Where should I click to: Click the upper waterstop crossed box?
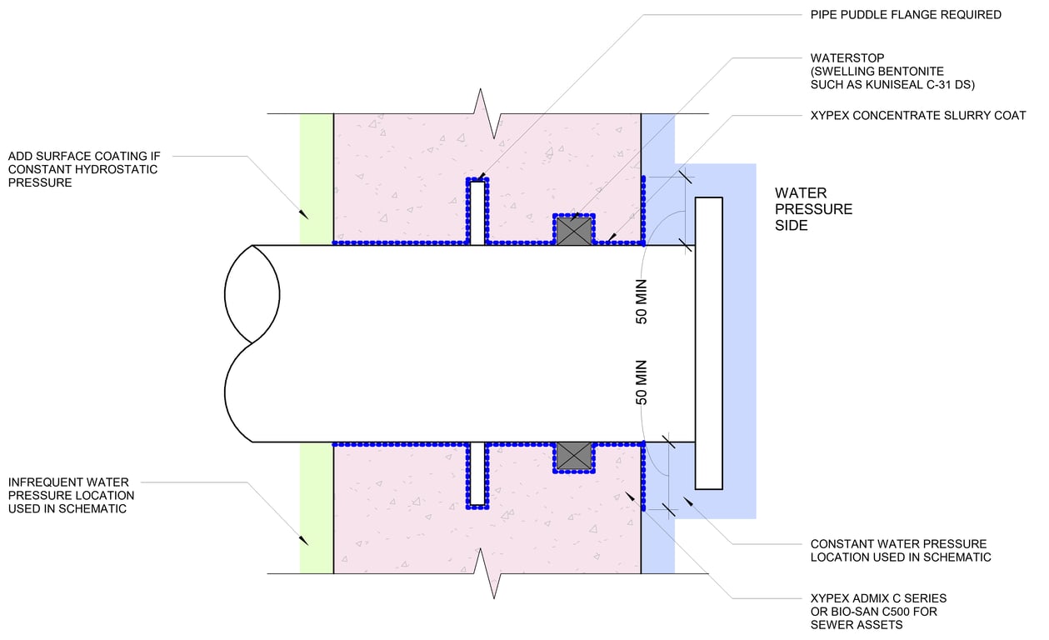(574, 230)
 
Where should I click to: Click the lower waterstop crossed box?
(574, 455)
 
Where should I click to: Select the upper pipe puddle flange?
(477, 212)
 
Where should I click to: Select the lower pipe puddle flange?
(477, 474)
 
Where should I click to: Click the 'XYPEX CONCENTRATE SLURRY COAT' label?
(918, 115)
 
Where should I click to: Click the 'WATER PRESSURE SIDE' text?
(813, 209)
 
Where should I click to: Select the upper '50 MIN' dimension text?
(642, 306)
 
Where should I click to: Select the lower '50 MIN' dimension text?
(642, 382)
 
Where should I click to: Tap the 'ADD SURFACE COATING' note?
(83, 169)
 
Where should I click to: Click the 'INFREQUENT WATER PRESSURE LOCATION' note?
(72, 495)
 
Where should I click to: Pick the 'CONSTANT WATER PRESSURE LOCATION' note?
(900, 550)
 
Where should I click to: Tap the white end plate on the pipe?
(708, 342)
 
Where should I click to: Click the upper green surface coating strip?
(317, 179)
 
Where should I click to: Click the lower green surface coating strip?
(317, 507)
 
